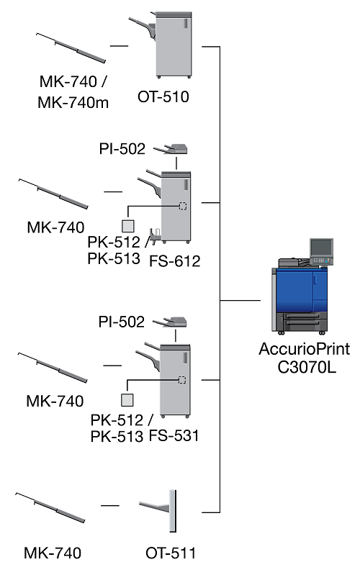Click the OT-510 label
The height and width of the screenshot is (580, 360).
(163, 97)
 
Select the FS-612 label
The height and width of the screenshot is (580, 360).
(175, 261)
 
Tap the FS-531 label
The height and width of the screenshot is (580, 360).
(174, 435)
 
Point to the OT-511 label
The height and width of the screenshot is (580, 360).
(170, 553)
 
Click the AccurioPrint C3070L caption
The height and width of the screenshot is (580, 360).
(305, 358)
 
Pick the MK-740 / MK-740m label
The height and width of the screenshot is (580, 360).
(73, 91)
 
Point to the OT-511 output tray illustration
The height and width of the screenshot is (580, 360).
(158, 511)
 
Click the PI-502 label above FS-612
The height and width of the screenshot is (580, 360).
(122, 149)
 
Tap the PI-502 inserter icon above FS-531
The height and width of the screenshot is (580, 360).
(170, 322)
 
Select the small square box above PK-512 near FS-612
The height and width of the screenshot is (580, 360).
(127, 226)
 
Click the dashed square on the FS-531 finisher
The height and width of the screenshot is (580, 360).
(181, 379)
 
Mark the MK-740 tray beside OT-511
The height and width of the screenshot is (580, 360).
(50, 507)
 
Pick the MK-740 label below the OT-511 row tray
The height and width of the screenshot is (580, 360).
(53, 553)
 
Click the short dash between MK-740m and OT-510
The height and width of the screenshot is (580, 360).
(119, 46)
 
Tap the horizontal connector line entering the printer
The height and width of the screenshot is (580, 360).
(240, 300)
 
